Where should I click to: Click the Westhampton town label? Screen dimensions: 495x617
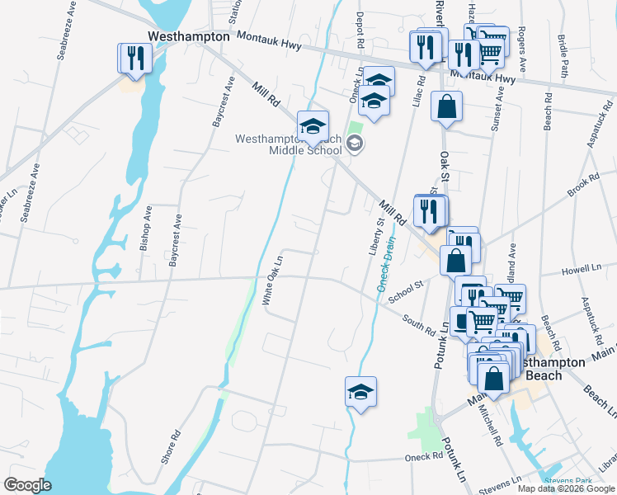click(x=188, y=37)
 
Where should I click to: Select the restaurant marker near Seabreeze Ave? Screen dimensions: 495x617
click(x=134, y=58)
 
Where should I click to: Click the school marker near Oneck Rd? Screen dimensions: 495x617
click(x=360, y=391)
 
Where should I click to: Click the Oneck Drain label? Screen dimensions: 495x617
click(x=387, y=263)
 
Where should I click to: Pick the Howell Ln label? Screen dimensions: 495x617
click(x=581, y=269)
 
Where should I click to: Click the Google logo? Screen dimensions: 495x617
click(x=27, y=485)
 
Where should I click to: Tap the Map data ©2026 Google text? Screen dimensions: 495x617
click(x=565, y=488)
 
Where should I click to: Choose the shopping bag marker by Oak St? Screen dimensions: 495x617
click(x=446, y=107)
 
